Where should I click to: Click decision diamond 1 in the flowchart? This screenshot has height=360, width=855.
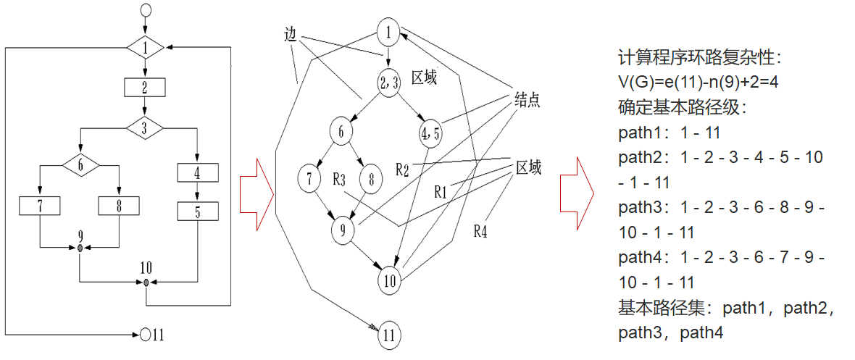click(146, 49)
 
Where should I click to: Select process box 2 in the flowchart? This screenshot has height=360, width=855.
click(146, 88)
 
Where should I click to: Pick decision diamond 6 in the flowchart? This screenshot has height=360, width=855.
click(80, 166)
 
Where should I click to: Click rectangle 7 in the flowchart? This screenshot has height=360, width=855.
click(40, 206)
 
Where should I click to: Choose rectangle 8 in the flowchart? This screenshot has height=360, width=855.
click(119, 206)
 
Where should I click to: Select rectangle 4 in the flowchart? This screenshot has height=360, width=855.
click(198, 172)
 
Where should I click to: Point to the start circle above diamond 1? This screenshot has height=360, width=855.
click(146, 11)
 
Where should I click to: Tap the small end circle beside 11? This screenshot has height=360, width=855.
click(146, 335)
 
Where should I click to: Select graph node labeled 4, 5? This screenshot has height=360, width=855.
click(430, 133)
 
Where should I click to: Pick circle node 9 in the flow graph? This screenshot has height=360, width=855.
click(343, 230)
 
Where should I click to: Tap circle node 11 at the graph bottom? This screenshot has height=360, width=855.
click(390, 335)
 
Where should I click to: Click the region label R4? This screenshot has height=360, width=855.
click(480, 231)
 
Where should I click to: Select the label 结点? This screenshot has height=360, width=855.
click(527, 99)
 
